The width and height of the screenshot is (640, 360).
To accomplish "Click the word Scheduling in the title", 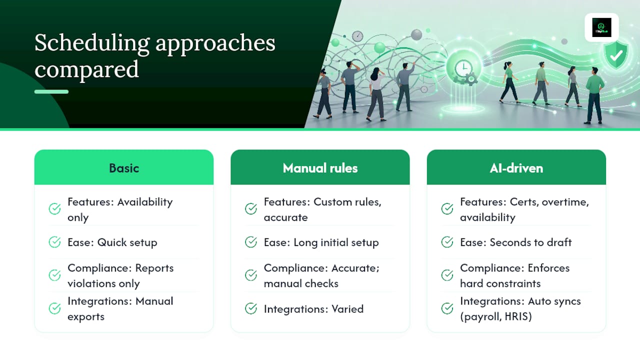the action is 92,43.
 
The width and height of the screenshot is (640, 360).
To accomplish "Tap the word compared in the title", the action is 86,70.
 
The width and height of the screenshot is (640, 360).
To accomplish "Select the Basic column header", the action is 124,168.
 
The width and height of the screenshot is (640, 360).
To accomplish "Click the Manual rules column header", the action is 320,168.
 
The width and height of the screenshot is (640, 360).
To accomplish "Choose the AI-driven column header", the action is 516,168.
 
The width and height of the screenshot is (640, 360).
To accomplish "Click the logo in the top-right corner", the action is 601,27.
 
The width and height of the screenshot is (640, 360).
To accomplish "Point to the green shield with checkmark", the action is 616,54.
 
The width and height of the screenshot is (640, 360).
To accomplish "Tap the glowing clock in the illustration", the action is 463,68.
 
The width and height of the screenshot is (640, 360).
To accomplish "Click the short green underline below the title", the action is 51,91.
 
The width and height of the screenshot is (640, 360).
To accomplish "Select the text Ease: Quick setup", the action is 112,242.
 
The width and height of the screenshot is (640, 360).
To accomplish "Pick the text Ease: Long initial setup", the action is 321,242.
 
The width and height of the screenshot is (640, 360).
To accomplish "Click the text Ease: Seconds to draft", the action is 515,242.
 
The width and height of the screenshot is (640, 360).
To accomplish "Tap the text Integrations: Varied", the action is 313,309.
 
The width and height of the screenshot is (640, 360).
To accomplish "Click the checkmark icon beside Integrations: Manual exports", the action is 54,308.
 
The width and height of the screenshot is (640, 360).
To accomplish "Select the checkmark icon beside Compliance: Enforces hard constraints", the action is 447,275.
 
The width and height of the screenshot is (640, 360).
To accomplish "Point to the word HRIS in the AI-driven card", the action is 518,316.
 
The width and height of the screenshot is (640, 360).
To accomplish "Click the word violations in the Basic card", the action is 91,283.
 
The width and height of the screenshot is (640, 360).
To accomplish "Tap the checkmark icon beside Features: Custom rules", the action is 251,208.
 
